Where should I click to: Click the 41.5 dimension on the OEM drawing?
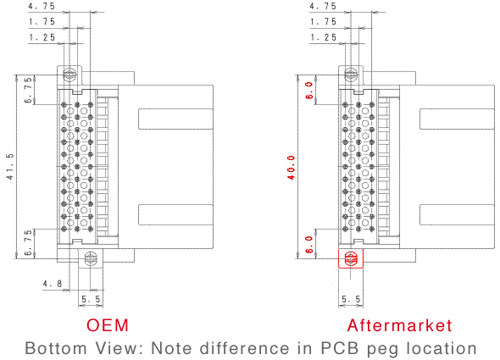[10, 167]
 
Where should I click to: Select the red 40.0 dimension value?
[292, 168]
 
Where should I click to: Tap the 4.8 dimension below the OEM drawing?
[53, 284]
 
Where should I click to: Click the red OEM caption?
[108, 325]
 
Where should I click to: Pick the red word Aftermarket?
[399, 325]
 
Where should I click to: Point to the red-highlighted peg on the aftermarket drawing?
[351, 258]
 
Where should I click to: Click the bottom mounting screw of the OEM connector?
[90, 258]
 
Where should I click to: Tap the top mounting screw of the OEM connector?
[69, 75]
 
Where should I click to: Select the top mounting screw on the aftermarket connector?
[351, 75]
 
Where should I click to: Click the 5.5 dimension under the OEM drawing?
[91, 299]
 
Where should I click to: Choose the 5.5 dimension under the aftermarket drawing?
[351, 299]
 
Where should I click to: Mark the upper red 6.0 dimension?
[309, 91]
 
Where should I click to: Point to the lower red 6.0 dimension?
[309, 245]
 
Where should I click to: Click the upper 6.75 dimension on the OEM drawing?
[28, 91]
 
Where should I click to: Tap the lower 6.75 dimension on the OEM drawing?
[28, 243]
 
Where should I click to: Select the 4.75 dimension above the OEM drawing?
[42, 6]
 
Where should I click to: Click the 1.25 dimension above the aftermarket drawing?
[324, 37]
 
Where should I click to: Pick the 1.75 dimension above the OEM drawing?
[42, 22]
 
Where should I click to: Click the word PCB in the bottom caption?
[340, 348]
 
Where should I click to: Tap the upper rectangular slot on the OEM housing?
[175, 119]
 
